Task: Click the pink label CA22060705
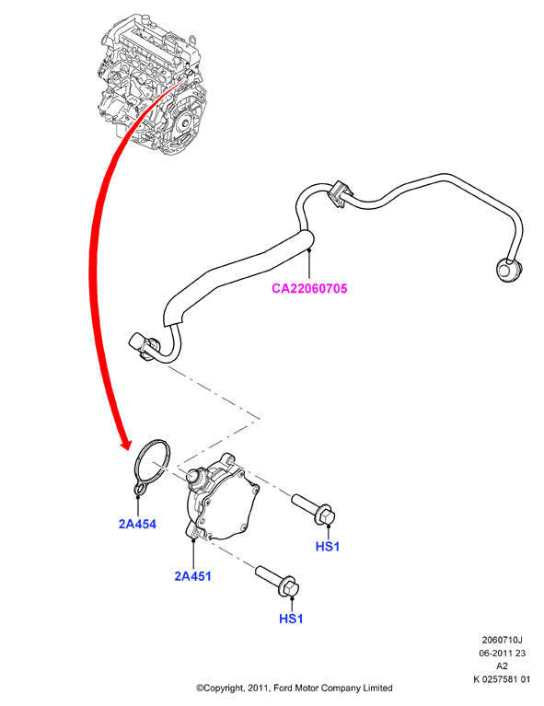coord(309,288)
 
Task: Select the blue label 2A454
coord(137,524)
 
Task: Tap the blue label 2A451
coord(192,576)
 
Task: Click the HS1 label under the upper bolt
coord(328,547)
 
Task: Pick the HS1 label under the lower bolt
coord(292,619)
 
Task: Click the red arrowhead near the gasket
coord(127,443)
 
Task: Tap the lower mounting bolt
coord(277,581)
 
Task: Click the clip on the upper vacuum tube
coord(340,193)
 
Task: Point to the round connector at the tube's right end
coord(508,270)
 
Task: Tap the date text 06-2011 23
coord(503,653)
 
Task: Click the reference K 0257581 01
coord(503,679)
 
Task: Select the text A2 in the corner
coord(503,666)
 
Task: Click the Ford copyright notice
coord(294,688)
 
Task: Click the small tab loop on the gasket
coord(140,490)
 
